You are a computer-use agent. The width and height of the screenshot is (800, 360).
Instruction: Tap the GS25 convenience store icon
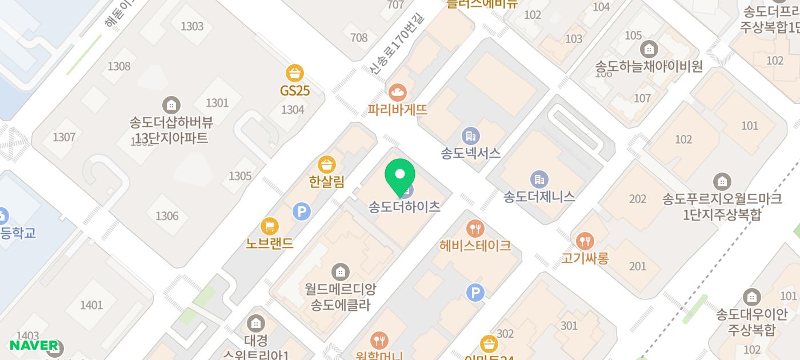point(295,73)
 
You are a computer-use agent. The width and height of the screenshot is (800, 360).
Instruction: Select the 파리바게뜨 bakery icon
point(398,91)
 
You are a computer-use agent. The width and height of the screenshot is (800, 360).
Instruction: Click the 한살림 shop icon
point(326,165)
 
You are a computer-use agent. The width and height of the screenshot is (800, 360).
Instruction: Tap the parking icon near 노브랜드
point(301,212)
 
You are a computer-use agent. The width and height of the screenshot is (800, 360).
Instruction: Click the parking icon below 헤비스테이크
point(475,293)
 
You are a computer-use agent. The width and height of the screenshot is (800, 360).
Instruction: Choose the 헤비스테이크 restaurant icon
point(475,229)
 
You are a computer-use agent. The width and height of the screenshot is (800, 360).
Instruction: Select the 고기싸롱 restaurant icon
point(585,241)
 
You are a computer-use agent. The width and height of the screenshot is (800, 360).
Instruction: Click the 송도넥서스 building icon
point(470,136)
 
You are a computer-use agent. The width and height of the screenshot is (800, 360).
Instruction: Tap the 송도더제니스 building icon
point(538,179)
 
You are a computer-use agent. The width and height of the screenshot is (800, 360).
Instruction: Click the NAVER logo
point(34,345)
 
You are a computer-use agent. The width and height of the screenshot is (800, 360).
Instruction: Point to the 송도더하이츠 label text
point(405,207)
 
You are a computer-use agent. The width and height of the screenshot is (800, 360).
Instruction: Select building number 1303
point(191,26)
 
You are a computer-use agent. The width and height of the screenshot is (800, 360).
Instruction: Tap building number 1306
point(167,216)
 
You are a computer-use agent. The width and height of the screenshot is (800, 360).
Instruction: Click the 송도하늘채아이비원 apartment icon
point(649,49)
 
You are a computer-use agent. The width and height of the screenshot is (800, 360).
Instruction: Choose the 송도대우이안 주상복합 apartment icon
point(751,297)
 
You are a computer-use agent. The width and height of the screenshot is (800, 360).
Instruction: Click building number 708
point(359,38)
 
